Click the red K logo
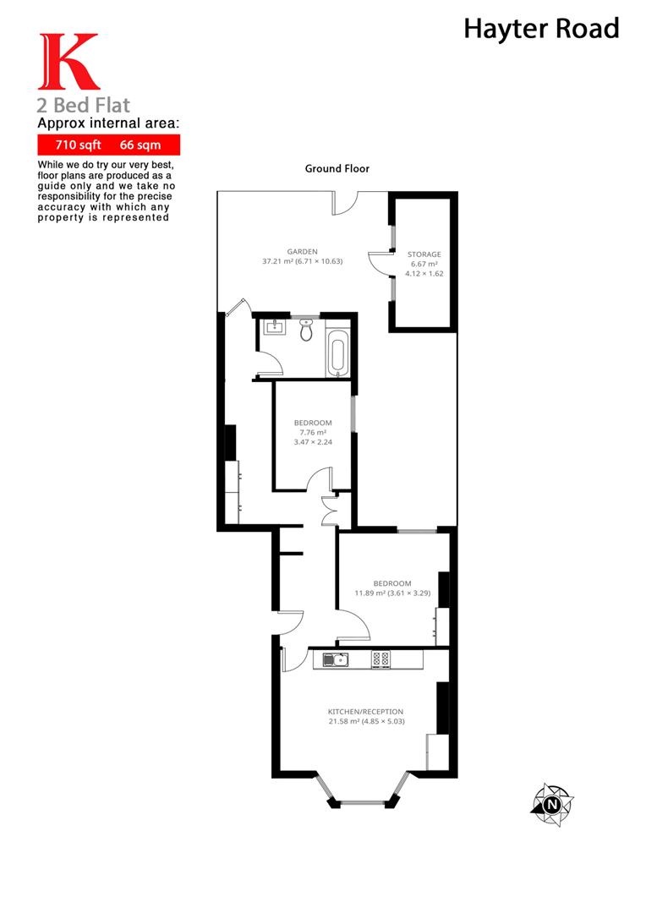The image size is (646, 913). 68,62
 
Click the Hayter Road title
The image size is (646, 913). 541,29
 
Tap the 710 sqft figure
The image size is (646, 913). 78,145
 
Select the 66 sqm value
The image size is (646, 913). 140,145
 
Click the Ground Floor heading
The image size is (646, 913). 337,169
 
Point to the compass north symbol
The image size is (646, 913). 552,805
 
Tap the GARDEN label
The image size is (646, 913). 303,252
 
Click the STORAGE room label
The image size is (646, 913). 424,254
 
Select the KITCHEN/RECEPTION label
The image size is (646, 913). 366,712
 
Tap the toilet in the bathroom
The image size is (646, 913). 306,330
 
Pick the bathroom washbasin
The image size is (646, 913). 274,328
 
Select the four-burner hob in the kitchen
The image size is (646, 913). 381,659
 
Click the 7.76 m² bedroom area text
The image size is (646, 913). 313,433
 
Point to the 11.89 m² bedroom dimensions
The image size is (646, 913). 392,593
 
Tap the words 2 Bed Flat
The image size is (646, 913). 84,106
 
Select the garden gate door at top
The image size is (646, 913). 345,203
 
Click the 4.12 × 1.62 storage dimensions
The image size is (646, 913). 424,273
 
